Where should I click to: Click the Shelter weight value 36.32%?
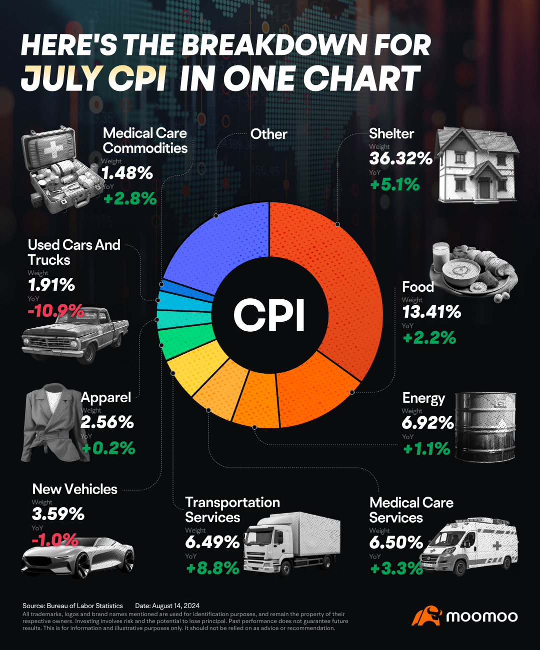[400, 159]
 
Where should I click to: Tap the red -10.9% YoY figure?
[55, 311]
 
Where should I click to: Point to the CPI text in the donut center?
[269, 315]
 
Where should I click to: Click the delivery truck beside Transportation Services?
[292, 542]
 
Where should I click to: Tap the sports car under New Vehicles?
[77, 557]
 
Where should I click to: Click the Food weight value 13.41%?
[431, 312]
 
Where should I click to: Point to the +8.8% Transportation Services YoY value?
[212, 569]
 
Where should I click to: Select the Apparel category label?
[106, 398]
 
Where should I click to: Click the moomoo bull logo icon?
[425, 616]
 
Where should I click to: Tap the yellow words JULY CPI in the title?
[94, 78]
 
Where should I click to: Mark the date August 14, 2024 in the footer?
[175, 606]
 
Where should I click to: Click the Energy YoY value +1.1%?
[426, 449]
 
